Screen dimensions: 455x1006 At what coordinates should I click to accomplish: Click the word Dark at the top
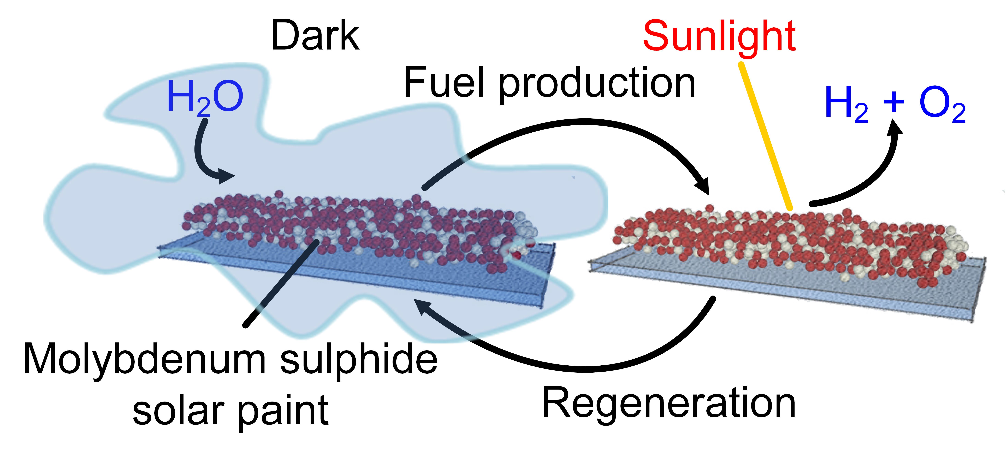(x=315, y=36)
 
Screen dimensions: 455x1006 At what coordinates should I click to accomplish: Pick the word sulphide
(x=358, y=360)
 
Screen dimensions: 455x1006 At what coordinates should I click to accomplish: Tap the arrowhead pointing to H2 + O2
(x=894, y=128)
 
